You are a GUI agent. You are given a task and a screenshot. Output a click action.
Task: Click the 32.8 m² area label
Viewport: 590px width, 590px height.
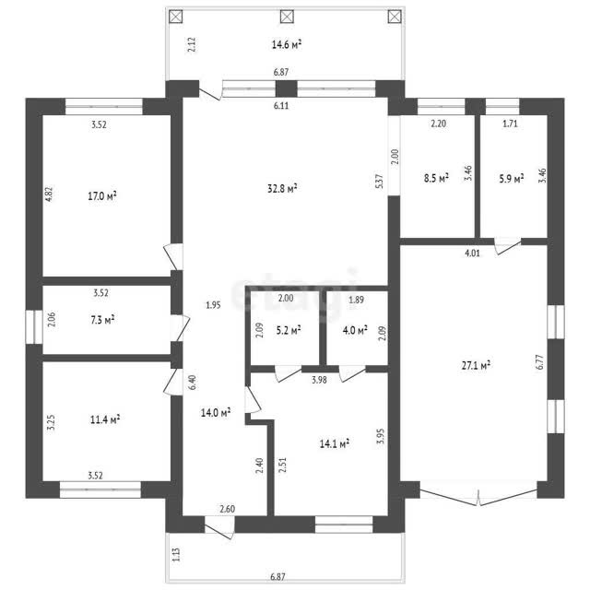point(282,188)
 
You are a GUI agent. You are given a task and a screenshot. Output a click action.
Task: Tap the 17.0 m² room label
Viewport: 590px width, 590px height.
point(102,195)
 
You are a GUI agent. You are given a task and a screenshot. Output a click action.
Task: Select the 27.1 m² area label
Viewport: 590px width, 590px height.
point(476,365)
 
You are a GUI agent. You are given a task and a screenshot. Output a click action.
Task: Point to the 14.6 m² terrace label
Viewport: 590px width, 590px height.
point(287,45)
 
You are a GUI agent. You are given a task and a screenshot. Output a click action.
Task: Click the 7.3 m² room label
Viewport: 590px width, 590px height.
point(102,320)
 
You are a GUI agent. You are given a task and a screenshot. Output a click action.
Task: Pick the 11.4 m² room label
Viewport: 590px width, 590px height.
point(105,419)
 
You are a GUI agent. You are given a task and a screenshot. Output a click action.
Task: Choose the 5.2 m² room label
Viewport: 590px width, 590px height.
point(289,330)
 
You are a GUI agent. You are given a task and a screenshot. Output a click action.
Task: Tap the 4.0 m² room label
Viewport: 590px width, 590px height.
point(355,330)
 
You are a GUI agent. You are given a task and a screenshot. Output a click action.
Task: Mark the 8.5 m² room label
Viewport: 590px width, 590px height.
point(436,178)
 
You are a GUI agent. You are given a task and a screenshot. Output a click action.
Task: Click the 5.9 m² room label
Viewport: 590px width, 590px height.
point(512,178)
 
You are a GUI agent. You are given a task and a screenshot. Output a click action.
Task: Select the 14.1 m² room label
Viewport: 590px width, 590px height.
point(334,443)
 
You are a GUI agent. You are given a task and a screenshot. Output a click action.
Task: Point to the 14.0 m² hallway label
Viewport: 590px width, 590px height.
point(216,413)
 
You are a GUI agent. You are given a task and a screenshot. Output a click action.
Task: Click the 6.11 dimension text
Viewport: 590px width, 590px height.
point(281,106)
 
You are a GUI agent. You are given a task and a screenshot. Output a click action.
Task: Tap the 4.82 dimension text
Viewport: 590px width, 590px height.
point(49,195)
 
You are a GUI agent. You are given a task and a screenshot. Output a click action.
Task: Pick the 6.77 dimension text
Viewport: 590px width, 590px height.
point(541,362)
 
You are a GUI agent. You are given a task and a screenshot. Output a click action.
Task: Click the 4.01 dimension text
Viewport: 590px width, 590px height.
point(472,254)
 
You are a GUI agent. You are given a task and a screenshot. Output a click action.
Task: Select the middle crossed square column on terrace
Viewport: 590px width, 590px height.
point(287,17)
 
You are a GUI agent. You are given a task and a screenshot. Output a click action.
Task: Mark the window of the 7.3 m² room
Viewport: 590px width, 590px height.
point(34,326)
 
